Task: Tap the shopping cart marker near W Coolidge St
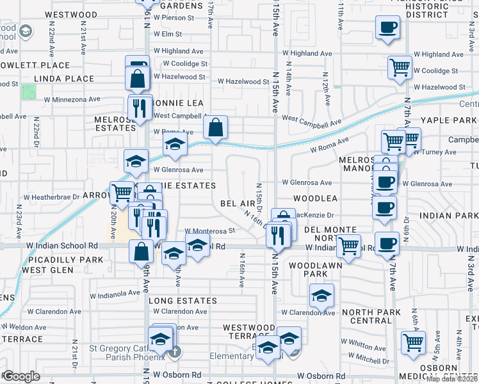(x=400, y=67)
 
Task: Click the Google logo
(x=21, y=376)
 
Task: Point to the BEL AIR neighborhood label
(x=238, y=203)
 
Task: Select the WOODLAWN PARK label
(x=309, y=269)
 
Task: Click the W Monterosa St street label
(x=211, y=230)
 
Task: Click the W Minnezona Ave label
(x=72, y=100)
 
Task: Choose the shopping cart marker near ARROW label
(x=122, y=191)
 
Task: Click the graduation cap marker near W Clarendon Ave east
(x=321, y=295)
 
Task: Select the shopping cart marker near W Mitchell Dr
(x=414, y=342)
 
